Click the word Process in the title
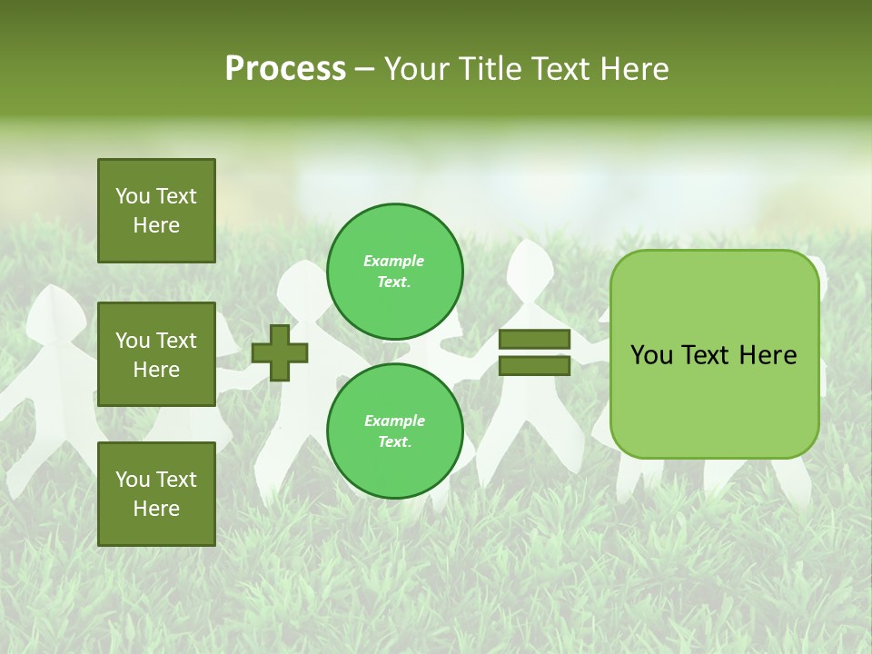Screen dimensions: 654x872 [285, 69]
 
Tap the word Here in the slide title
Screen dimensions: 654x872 [632, 69]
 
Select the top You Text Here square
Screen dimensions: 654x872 [156, 211]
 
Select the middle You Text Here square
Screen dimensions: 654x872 [156, 354]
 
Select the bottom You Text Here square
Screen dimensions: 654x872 [156, 494]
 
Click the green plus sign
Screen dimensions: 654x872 [280, 352]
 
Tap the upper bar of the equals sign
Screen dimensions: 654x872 [534, 340]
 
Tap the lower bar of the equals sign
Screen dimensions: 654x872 [534, 366]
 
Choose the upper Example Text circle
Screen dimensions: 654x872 [395, 271]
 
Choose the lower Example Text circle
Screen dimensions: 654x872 [395, 431]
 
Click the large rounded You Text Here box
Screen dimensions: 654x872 [714, 354]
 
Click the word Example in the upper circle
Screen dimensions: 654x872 [393, 261]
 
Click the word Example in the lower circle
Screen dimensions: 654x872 [394, 421]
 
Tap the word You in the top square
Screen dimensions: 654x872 [133, 196]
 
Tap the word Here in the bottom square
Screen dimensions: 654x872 [156, 509]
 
